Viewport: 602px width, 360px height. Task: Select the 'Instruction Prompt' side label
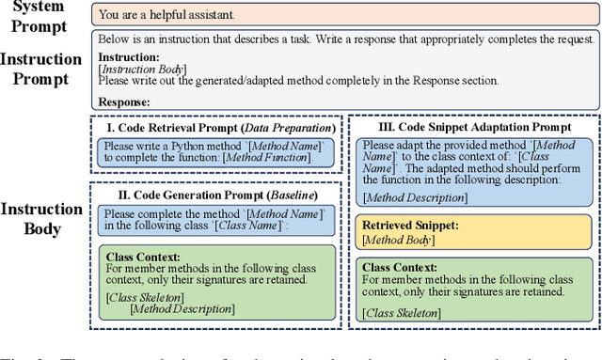[x=41, y=69]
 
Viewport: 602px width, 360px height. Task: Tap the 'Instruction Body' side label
[x=41, y=218]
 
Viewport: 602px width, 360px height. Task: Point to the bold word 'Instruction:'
[x=128, y=56]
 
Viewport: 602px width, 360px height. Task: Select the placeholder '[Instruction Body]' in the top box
[x=141, y=69]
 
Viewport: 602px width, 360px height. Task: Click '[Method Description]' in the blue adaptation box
[x=415, y=196]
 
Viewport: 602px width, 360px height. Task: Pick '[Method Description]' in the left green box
[x=182, y=308]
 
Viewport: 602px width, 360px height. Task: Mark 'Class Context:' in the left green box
[x=143, y=256]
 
